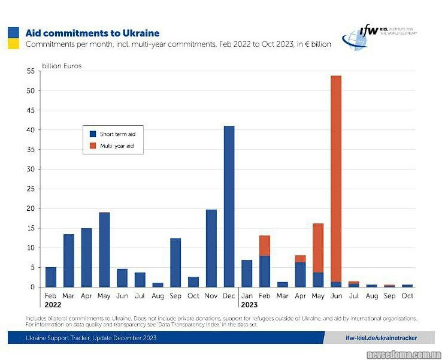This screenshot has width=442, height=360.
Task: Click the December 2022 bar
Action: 229,207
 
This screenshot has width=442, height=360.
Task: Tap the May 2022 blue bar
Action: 104,250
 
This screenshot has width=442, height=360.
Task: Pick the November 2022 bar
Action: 211,248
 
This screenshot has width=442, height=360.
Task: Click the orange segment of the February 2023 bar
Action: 265,246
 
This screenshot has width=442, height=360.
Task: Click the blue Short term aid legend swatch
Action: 93,134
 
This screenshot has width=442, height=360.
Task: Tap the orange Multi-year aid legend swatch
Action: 93,146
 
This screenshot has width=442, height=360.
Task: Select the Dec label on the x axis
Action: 229,295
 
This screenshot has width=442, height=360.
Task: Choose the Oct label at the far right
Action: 407,295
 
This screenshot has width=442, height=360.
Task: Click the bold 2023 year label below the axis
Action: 250,304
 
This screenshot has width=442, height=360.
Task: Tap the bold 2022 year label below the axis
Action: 53,304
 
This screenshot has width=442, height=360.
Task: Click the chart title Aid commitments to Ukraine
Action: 92,34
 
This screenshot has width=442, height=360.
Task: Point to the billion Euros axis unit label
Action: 62,66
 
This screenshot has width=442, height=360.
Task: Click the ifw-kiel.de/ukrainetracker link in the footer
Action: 382,338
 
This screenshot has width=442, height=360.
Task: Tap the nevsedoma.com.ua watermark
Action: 404,354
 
